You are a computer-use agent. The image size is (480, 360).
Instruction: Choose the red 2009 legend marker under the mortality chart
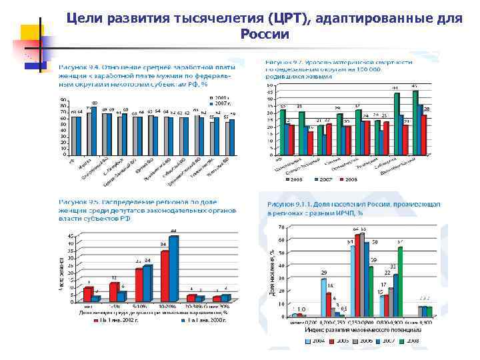340,179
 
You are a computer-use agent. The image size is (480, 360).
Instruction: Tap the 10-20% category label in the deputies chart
168,307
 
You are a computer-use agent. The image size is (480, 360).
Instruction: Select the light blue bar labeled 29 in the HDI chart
323,297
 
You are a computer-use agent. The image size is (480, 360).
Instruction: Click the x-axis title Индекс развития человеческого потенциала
363,330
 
